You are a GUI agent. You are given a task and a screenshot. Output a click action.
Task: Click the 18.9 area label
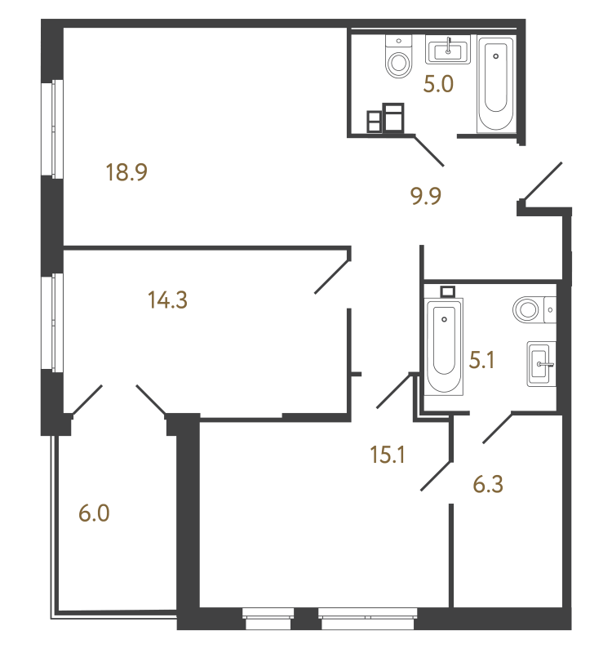(126, 172)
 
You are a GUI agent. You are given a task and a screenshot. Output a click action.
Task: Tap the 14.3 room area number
(168, 300)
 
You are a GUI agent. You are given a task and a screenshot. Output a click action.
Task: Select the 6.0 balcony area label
(94, 513)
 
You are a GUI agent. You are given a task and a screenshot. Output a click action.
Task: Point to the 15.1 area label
(387, 455)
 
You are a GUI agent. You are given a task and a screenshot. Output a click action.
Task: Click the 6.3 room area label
(488, 484)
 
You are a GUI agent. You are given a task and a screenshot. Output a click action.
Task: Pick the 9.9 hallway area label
(426, 196)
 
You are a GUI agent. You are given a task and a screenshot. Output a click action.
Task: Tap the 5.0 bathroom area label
(438, 84)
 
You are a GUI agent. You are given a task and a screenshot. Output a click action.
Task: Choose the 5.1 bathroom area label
(481, 360)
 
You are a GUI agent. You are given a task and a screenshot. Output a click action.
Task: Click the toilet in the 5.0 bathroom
(399, 56)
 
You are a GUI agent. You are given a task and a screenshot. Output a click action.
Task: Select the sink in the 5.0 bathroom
(447, 50)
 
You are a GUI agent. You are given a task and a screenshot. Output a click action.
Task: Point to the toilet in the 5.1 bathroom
(534, 310)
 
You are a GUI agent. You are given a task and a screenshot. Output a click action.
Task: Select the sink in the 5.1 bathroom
(541, 364)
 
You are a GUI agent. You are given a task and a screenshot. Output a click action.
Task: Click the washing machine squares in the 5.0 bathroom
(385, 118)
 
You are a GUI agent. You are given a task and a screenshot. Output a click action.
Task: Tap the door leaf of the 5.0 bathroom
(429, 150)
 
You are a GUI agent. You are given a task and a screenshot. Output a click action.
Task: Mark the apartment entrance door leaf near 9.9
(543, 181)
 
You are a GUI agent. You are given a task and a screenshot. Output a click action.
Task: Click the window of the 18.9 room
(53, 129)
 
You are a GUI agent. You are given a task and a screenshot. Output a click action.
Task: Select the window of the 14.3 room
(53, 322)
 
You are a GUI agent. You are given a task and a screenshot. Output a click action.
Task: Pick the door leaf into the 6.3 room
(497, 427)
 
